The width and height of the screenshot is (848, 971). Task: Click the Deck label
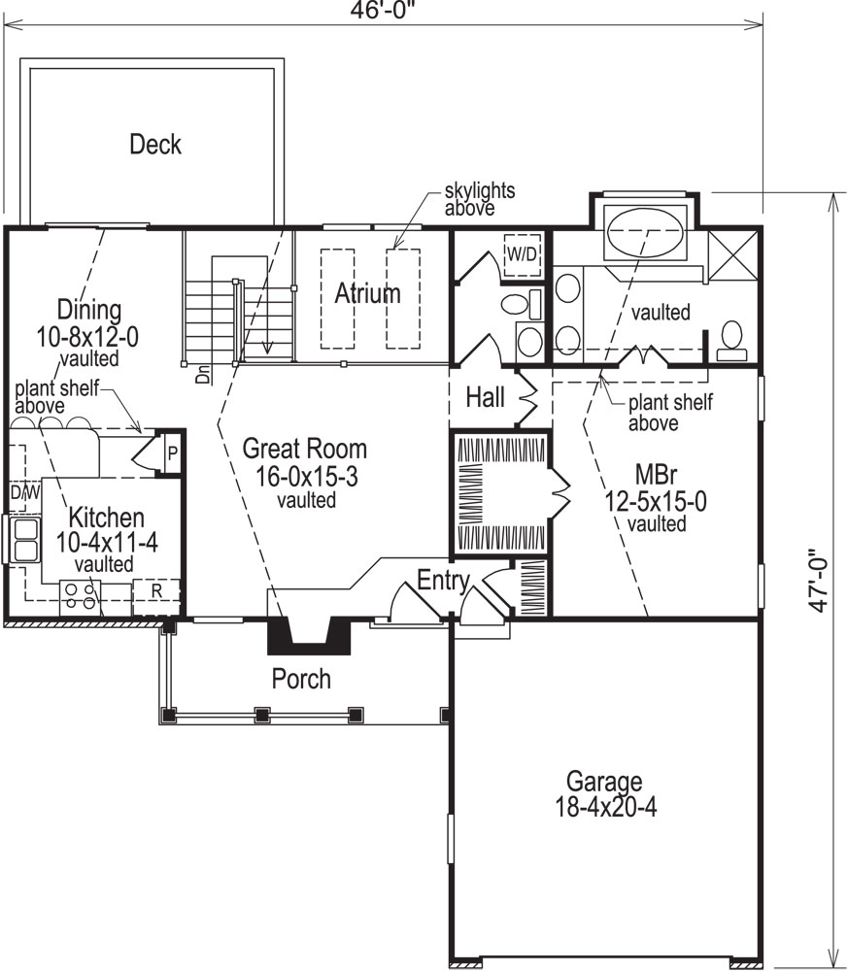pyautogui.click(x=155, y=145)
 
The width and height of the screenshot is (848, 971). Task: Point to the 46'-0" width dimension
pyautogui.click(x=383, y=13)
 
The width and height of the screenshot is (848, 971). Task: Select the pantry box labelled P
pyautogui.click(x=171, y=453)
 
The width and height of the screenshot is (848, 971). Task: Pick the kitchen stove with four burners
pyautogui.click(x=82, y=594)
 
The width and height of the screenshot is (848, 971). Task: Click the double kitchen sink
pyautogui.click(x=24, y=540)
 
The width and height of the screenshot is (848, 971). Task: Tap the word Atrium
pyautogui.click(x=368, y=292)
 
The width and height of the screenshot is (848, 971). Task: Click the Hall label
pyautogui.click(x=485, y=396)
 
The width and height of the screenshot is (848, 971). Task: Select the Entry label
pyautogui.click(x=443, y=580)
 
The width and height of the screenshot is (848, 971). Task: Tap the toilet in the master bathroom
pyautogui.click(x=730, y=336)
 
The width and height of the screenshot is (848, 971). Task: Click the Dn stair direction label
pyautogui.click(x=204, y=375)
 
